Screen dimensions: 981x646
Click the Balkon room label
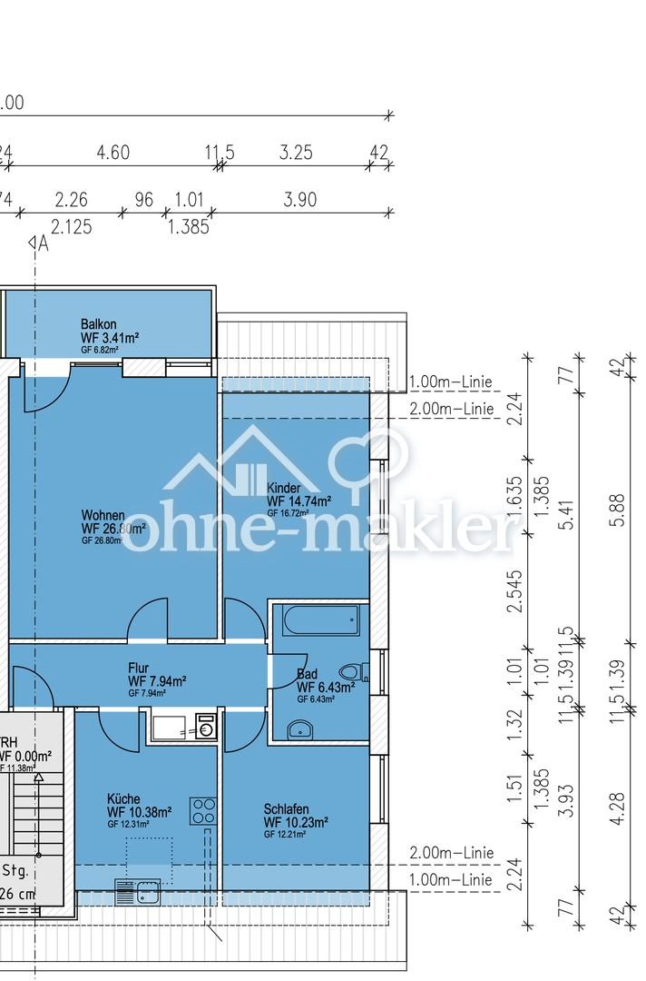pos(99,324)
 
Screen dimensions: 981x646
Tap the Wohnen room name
pos(103,515)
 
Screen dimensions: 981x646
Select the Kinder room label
pos(283,488)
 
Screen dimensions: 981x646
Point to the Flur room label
pos(139,669)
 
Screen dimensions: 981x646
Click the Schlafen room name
pos(287,809)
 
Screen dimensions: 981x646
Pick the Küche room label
pos(122,799)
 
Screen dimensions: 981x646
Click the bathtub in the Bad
pos(320,621)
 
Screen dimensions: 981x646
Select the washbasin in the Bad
pos(299,728)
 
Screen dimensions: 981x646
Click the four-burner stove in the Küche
pos(202,810)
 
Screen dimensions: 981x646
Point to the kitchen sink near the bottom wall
pos(139,892)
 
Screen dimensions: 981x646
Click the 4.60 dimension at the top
pos(113,153)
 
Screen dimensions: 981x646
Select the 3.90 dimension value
pos(299,200)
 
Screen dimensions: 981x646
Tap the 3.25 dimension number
pos(296,153)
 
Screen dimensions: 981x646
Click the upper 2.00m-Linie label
pos(452,409)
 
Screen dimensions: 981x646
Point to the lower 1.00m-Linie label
pos(452,880)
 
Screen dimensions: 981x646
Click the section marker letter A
pos(43,243)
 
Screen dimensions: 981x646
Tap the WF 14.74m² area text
pos(299,501)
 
